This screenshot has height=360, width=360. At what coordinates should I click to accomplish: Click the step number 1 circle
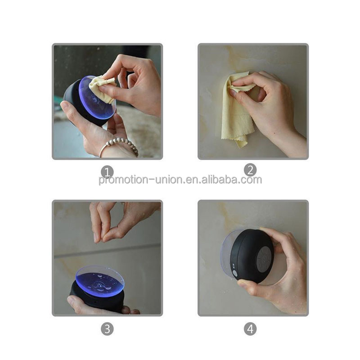(x=107, y=171)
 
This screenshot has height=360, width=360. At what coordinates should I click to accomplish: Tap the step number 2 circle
(x=250, y=170)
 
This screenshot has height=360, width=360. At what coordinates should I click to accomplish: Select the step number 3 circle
(x=107, y=329)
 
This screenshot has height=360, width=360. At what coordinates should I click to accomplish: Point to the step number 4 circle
(x=250, y=329)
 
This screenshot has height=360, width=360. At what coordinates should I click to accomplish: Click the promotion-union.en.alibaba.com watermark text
(x=180, y=180)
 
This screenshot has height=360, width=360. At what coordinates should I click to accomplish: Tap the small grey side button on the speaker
(x=234, y=273)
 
